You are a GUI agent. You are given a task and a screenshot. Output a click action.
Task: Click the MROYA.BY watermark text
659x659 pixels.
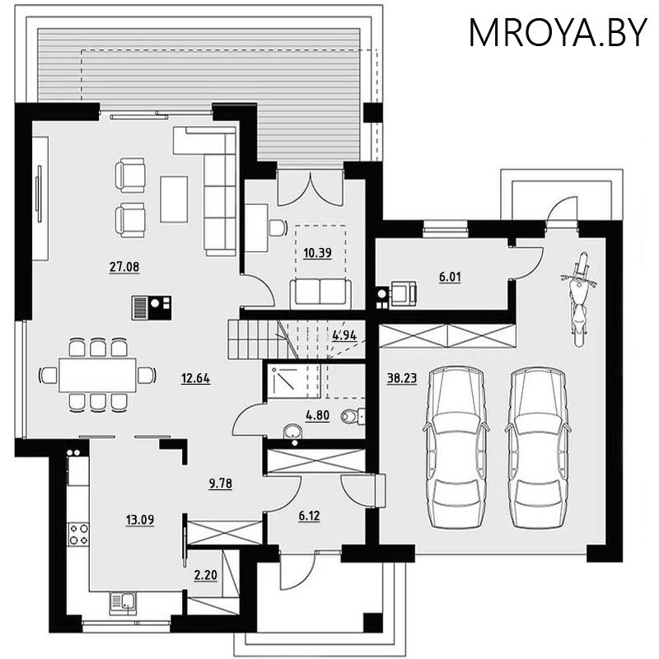coord(558,32)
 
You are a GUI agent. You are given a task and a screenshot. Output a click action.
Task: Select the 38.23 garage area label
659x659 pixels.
coord(400,378)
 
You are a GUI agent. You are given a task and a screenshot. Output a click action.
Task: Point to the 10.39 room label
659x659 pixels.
coord(317,253)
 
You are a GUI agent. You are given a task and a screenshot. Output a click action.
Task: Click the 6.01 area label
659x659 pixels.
coord(450,278)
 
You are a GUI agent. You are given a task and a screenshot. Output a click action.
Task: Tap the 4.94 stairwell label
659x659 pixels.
coord(344,335)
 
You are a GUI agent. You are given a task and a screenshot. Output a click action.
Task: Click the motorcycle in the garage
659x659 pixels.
coord(581,297)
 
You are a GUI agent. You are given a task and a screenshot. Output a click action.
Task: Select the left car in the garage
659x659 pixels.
coord(455,445)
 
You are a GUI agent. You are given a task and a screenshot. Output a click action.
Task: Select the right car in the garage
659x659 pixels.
coord(538,445)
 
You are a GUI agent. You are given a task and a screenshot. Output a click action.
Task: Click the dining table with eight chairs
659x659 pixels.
coord(97,375)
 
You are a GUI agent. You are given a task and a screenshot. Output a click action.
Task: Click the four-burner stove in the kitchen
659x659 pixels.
coord(79,533)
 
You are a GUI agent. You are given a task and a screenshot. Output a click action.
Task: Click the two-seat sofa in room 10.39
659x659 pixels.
coord(320,292)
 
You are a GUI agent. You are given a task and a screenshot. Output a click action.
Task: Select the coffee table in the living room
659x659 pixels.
coord(174,199)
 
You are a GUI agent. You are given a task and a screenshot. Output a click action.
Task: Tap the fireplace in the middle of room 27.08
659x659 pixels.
coord(151,308)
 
